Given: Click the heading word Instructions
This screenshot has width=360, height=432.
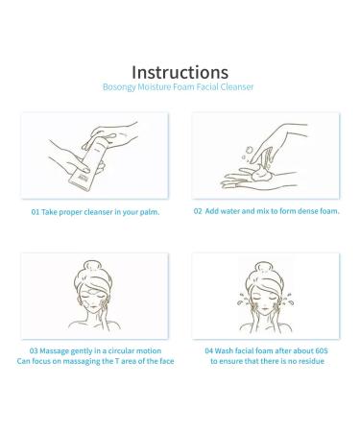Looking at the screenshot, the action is (x=180, y=72).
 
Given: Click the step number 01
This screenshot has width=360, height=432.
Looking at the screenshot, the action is (x=36, y=212).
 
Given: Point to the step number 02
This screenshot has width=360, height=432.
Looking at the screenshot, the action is (x=198, y=211).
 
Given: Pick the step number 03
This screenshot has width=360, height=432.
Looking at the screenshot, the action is (x=34, y=350).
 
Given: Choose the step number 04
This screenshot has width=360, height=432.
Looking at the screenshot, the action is (x=209, y=350).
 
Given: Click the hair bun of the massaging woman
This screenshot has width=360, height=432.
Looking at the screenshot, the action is (x=92, y=266).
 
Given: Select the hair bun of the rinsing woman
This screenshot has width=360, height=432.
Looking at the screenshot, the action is (x=264, y=267).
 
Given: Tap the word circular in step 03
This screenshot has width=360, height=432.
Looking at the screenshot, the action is (x=121, y=350).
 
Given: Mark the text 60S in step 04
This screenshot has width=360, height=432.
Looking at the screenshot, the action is (x=322, y=350).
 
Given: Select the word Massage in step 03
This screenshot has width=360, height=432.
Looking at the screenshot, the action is (x=55, y=351).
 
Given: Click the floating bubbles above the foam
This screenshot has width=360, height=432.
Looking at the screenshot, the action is (x=247, y=154).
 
